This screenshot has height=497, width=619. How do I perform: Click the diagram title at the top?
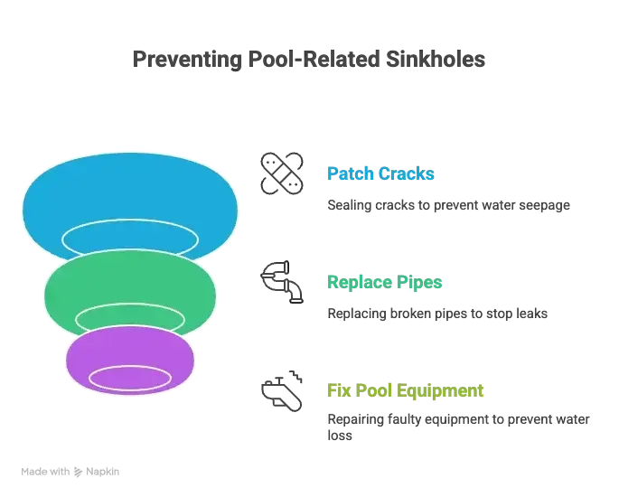pos(309,61)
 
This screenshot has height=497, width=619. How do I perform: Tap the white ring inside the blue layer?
pos(130,236)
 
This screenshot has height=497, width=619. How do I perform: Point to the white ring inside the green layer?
pos(130,318)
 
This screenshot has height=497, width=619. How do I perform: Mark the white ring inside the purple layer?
pos(130,379)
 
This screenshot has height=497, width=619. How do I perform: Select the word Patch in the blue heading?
pos(345,173)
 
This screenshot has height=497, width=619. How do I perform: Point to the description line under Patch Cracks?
pos(447,206)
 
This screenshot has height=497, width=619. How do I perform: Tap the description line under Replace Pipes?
pos(436,314)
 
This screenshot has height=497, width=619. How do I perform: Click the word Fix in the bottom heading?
pos(336,390)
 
